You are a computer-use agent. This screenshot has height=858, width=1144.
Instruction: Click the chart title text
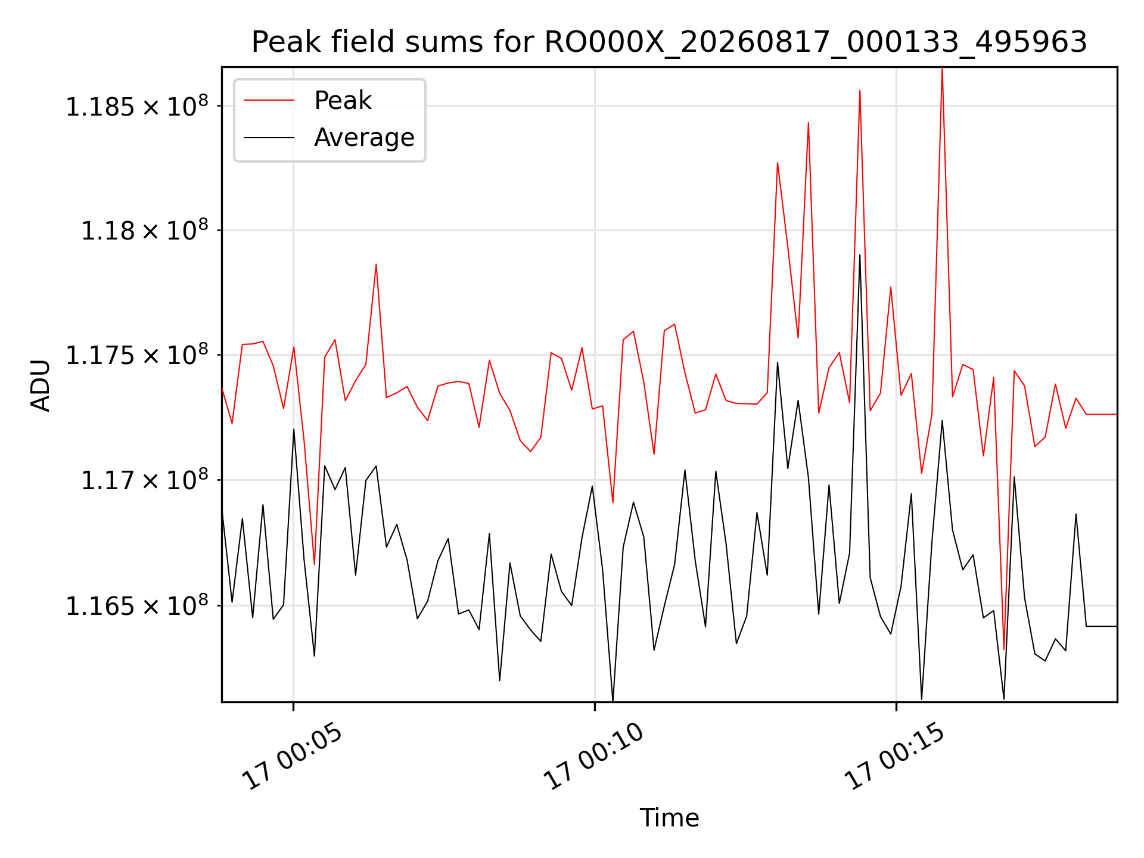(669, 42)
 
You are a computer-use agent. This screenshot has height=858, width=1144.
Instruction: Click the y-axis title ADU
(41, 385)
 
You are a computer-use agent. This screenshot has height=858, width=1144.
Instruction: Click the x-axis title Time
(669, 817)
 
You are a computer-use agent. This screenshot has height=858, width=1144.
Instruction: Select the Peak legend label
(343, 101)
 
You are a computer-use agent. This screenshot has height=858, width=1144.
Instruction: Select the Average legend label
(364, 138)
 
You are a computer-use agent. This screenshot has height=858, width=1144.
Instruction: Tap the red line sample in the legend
(269, 100)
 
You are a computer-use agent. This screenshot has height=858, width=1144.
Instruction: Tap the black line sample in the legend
(269, 138)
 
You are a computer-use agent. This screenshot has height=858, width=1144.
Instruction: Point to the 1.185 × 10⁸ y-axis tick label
(137, 106)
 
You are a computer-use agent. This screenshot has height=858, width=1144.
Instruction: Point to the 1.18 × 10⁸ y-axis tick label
(145, 230)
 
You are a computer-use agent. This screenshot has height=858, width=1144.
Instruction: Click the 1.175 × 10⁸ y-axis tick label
(137, 355)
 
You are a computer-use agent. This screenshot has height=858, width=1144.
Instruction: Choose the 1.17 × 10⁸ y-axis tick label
(145, 480)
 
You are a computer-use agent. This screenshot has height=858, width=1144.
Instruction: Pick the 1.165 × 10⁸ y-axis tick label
(137, 605)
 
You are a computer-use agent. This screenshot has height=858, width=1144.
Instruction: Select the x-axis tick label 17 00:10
(594, 757)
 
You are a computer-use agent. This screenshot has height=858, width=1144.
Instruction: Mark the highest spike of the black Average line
(860, 255)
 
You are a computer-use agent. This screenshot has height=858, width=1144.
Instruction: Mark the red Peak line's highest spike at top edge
(942, 69)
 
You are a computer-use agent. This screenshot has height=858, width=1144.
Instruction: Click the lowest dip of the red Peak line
(1004, 649)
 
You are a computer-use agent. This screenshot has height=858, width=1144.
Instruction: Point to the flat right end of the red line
(1117, 414)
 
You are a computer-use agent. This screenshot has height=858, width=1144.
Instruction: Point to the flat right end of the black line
(1117, 626)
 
